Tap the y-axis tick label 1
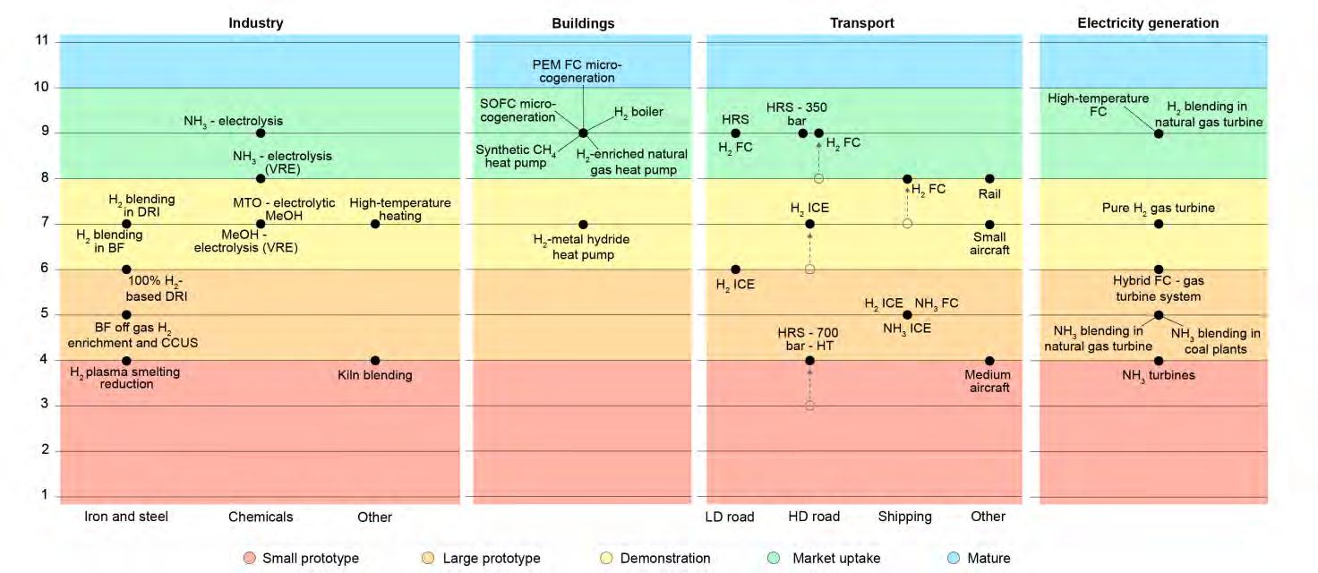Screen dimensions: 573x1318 [x=43, y=496]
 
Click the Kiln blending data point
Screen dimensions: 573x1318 [x=375, y=361]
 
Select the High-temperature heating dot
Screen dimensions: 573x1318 [x=375, y=224]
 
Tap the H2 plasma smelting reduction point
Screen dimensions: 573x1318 [x=126, y=361]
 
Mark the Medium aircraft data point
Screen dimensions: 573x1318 [x=989, y=361]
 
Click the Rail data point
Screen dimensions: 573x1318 [x=989, y=179]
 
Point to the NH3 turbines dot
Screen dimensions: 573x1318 [x=1159, y=361]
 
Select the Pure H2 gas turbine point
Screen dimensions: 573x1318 [x=1159, y=224]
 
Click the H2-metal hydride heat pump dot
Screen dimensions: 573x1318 [x=583, y=224]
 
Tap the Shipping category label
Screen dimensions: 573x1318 [x=904, y=517]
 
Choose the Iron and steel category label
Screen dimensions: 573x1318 [x=126, y=517]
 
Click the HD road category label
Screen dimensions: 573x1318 [x=814, y=517]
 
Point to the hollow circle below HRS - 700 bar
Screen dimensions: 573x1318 [x=809, y=406]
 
